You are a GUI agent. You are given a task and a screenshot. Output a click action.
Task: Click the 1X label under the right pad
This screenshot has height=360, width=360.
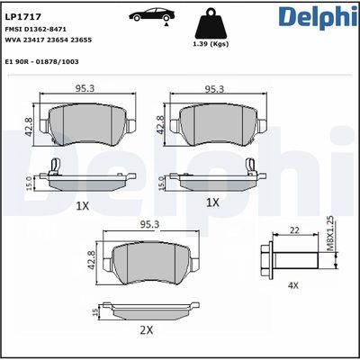[x=212, y=203]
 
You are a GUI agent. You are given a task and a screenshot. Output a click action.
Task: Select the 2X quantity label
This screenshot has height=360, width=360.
[x=147, y=330]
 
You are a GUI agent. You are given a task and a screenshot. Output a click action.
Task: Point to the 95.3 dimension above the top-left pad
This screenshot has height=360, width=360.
[x=85, y=89]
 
